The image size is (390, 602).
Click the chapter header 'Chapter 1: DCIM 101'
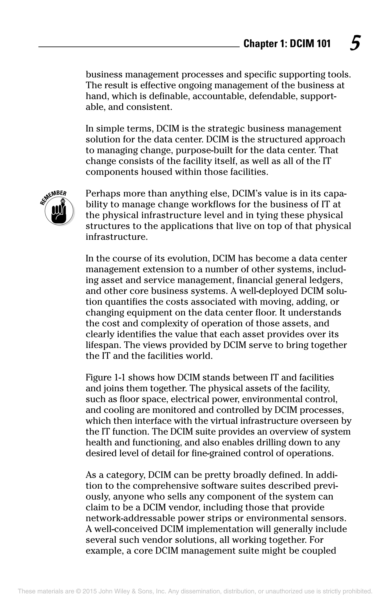tap(287, 44)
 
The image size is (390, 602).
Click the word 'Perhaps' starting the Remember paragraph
tap(101, 194)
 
